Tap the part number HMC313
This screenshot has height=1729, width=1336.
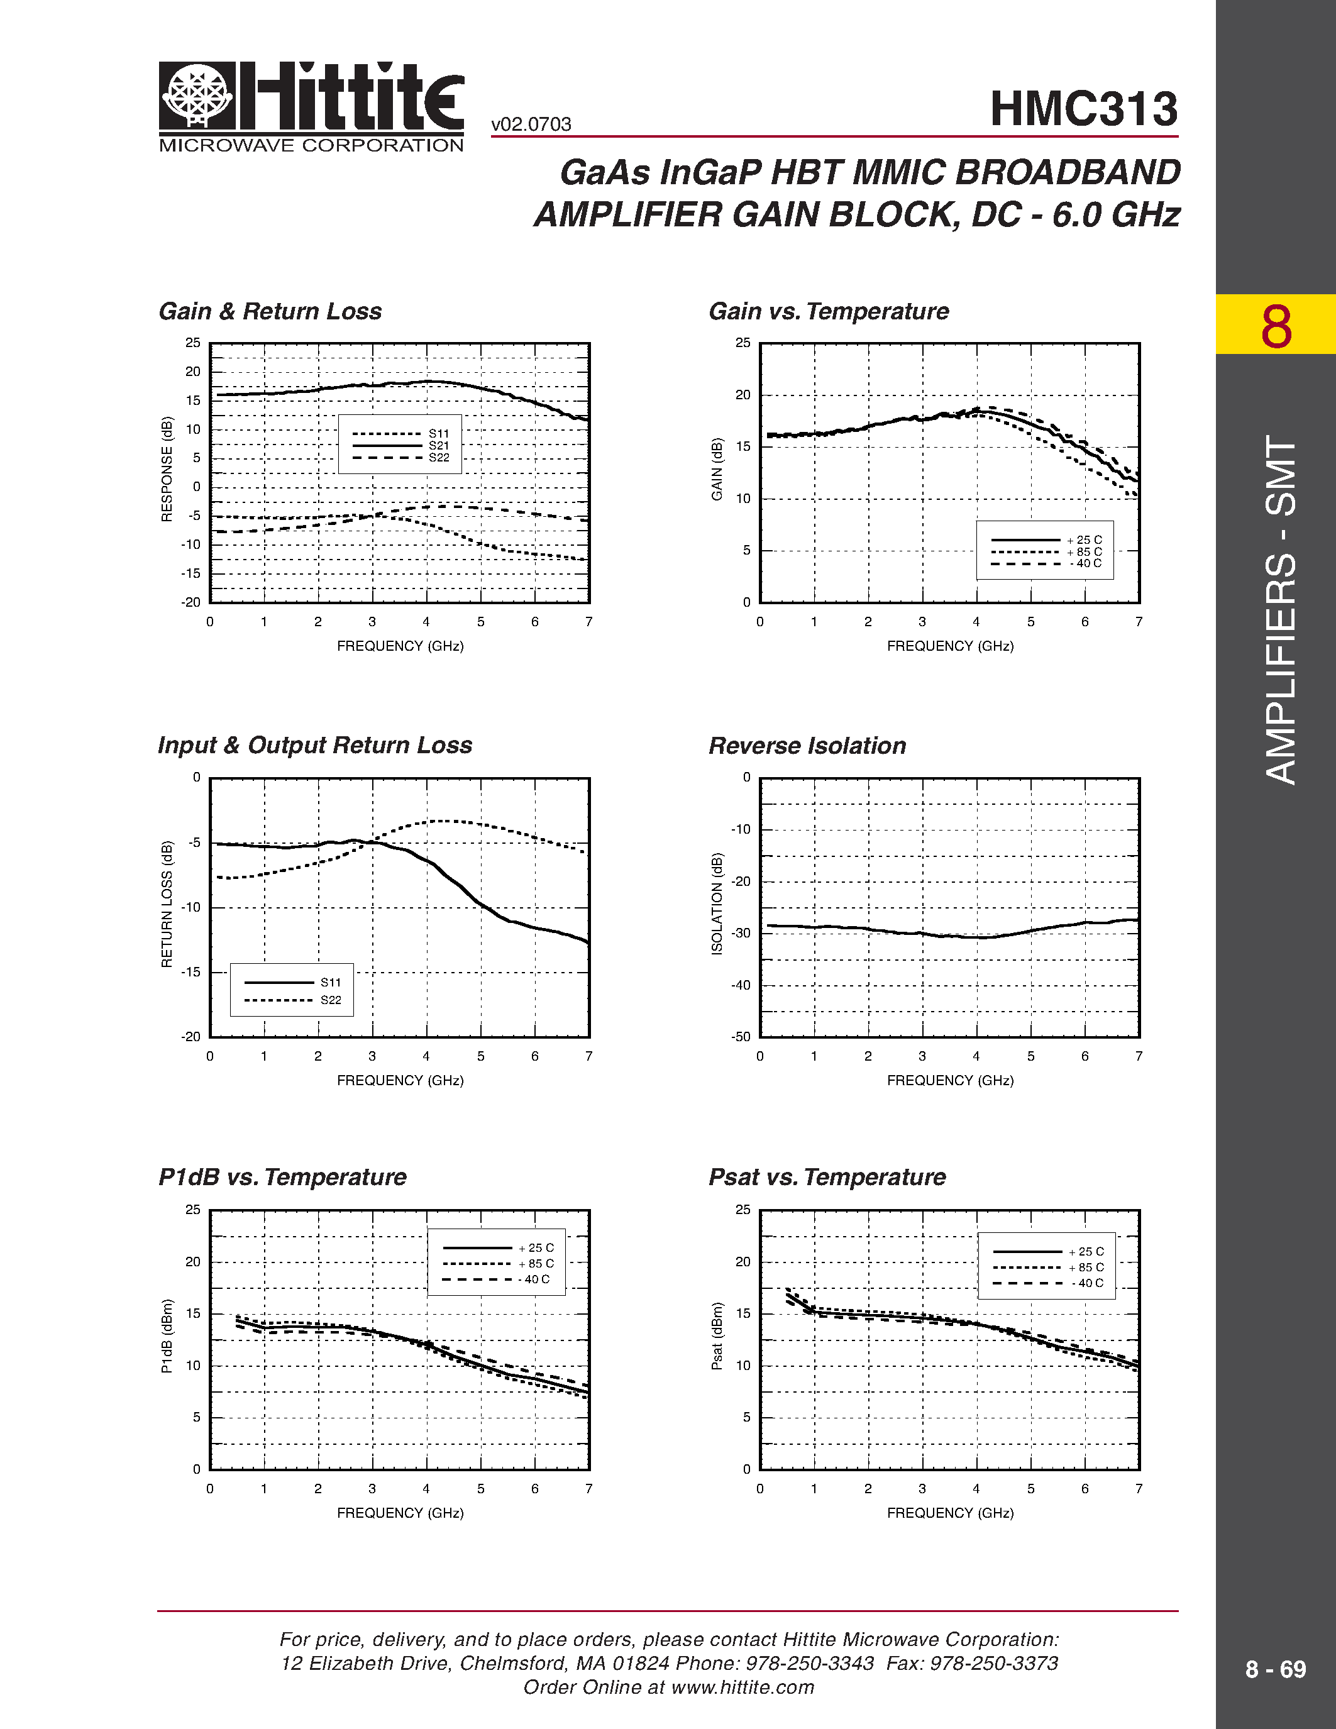1083,109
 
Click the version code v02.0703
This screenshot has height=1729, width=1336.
531,124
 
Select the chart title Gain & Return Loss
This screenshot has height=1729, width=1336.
270,311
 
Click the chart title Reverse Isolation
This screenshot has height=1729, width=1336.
807,746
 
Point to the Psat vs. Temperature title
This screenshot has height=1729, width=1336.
827,1177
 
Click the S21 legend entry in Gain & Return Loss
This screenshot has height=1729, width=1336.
438,446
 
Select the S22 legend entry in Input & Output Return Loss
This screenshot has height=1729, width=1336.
331,1000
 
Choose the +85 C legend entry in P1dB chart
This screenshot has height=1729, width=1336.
536,1264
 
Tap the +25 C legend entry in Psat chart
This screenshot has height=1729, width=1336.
1086,1252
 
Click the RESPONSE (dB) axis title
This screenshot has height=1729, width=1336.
167,470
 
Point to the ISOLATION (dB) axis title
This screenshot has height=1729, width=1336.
717,904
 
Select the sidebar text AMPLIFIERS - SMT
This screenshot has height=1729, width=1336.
1280,610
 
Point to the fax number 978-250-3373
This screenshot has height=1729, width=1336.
994,1663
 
